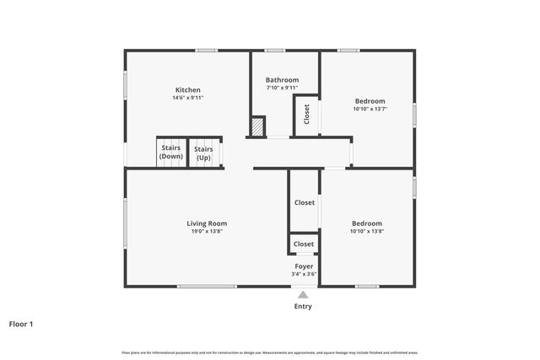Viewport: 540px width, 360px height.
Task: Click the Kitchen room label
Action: [x=187, y=90]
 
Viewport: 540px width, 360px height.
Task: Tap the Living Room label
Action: [x=207, y=223]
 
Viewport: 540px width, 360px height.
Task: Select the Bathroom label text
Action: [x=282, y=80]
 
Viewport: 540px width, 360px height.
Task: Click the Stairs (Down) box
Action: [x=171, y=153]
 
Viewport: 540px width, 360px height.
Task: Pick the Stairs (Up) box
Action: [x=203, y=153]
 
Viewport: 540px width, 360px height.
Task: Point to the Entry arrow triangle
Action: [x=303, y=294]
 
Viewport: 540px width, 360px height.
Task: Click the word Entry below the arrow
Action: [x=303, y=306]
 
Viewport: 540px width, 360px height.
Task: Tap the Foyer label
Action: [x=304, y=266]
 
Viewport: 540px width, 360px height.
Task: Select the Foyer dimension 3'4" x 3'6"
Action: [x=304, y=274]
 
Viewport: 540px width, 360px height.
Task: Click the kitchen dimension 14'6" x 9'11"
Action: [x=187, y=98]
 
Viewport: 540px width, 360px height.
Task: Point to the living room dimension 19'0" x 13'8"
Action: [x=207, y=231]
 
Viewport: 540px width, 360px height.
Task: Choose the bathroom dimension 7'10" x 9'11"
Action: [x=282, y=88]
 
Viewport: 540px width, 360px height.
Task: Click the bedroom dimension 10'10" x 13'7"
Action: [x=370, y=108]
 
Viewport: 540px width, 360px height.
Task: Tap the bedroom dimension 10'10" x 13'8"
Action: [x=367, y=231]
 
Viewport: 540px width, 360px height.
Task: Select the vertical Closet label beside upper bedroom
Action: [x=306, y=114]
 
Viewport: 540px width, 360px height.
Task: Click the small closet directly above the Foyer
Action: [x=304, y=244]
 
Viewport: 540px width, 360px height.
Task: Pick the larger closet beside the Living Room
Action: [x=304, y=202]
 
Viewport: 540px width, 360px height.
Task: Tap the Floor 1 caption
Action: [x=21, y=323]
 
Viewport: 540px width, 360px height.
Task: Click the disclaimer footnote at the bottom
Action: [x=270, y=352]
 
